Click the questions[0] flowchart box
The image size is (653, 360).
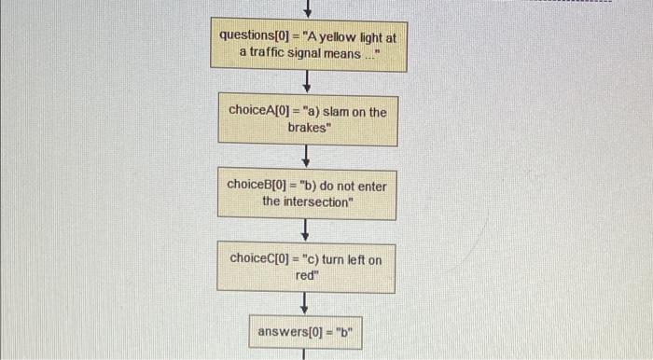(309, 44)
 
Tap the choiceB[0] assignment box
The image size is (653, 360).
(307, 193)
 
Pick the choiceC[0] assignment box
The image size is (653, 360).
(307, 267)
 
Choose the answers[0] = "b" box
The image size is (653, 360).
(305, 330)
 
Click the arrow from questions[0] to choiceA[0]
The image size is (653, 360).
(307, 81)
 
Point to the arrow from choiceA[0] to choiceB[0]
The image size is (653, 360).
(307, 157)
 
